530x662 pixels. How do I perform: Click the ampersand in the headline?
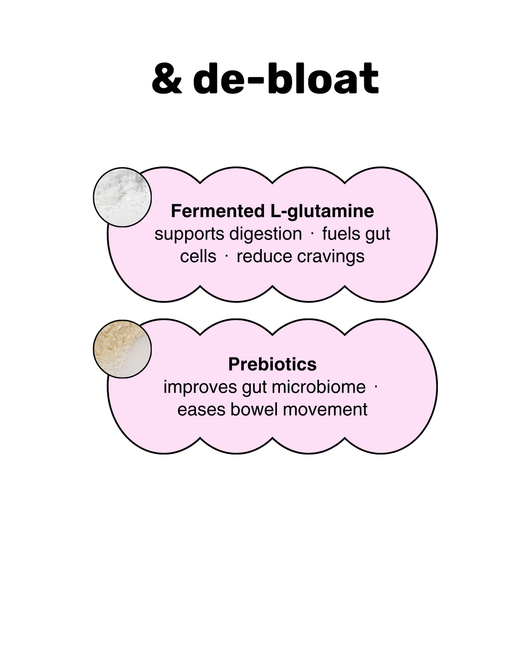click(x=167, y=79)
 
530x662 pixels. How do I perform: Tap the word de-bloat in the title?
click(x=286, y=78)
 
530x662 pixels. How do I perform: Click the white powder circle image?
click(x=122, y=197)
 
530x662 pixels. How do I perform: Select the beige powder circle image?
click(x=122, y=349)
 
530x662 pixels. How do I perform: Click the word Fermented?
click(x=217, y=211)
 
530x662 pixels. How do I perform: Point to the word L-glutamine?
click(x=320, y=211)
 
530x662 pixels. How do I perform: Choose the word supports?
click(x=189, y=234)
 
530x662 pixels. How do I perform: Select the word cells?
click(x=198, y=257)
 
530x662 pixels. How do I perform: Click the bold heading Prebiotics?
click(x=272, y=364)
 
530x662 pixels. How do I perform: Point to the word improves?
click(x=200, y=387)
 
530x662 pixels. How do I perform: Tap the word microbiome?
click(x=319, y=387)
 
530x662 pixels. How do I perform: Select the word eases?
click(x=201, y=410)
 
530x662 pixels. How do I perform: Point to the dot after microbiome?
click(x=376, y=387)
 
